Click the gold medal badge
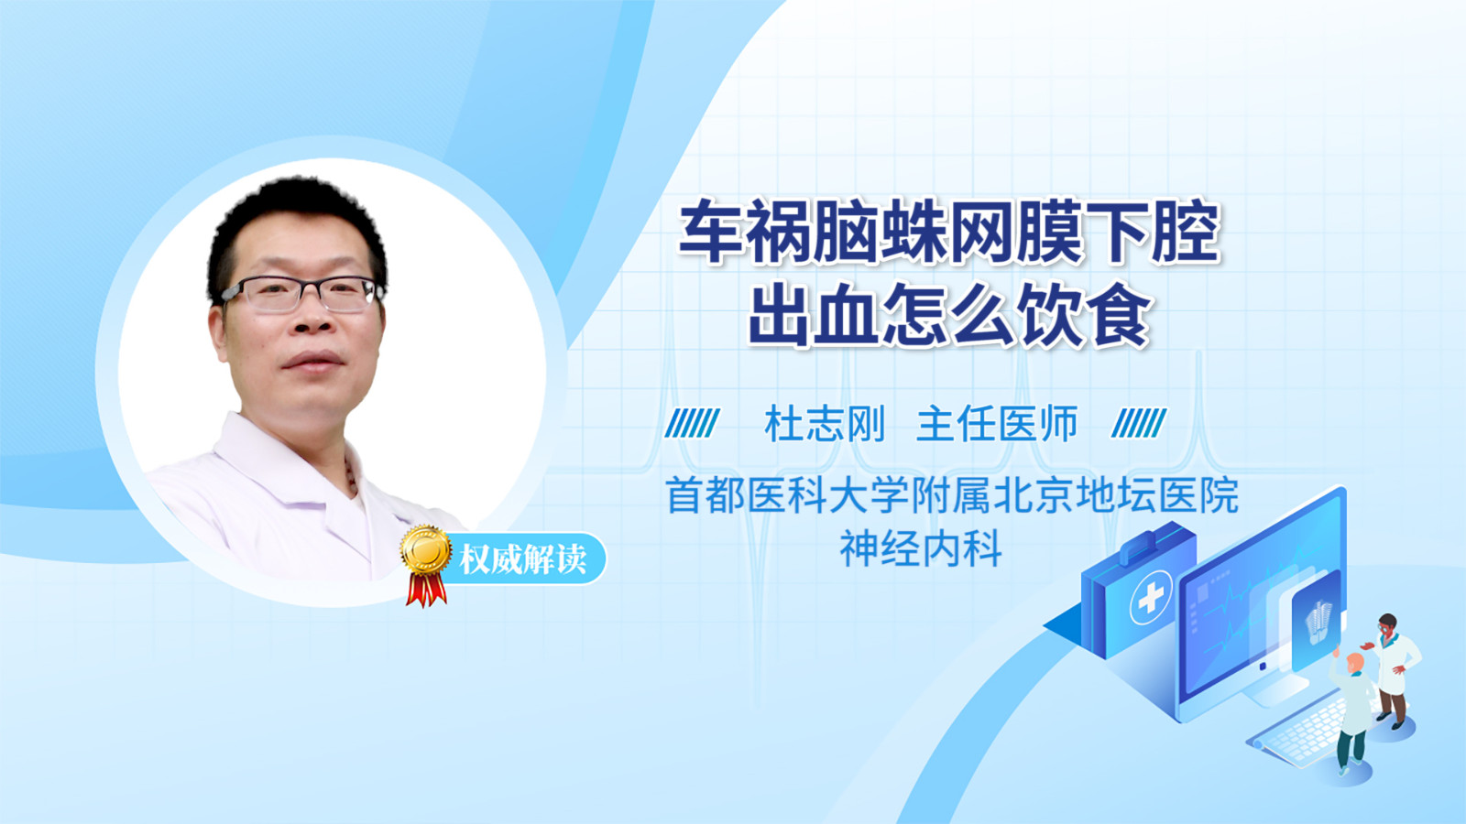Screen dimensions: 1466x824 (426, 550)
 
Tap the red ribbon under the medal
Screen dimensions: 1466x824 (426, 590)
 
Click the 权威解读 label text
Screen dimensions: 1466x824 (522, 559)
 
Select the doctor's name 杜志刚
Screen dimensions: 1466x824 (825, 424)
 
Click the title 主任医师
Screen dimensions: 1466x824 (996, 424)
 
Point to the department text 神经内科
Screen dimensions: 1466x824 (921, 548)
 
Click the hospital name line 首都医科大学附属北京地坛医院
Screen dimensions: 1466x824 (952, 495)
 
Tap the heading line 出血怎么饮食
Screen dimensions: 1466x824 (949, 315)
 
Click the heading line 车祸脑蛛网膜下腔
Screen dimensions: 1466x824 (949, 232)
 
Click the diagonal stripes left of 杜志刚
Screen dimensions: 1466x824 (693, 423)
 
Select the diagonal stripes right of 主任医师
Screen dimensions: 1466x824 (1139, 423)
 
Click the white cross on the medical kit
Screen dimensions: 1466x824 (1151, 597)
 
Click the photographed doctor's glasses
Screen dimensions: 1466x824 (301, 293)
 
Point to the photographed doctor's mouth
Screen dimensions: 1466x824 (312, 361)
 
